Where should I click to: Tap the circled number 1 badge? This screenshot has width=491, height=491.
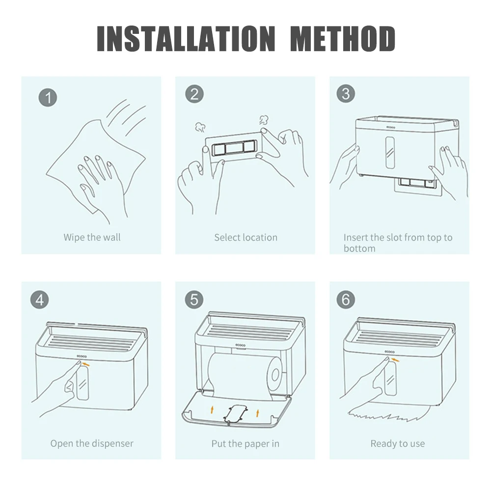[x=48, y=97]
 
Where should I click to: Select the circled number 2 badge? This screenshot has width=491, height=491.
[x=194, y=94]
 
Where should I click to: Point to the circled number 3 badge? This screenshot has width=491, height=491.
[x=346, y=94]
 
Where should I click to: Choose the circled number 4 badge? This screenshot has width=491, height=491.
[x=39, y=300]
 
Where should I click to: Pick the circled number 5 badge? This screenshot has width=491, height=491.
[x=194, y=300]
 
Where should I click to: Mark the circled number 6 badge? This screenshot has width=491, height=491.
[x=346, y=300]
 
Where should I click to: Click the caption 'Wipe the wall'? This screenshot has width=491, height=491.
[x=92, y=237]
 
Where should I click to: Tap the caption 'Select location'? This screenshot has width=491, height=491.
[x=246, y=237]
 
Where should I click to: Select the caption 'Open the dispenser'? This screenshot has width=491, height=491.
[x=92, y=443]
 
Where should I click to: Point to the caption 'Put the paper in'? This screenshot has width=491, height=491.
[x=245, y=444]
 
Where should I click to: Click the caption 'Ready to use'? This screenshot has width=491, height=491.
[x=398, y=443]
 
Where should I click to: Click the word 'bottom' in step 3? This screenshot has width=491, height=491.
[x=359, y=248]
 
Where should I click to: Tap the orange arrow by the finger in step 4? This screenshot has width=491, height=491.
[x=86, y=364]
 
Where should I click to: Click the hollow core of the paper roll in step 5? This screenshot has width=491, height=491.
[x=275, y=375]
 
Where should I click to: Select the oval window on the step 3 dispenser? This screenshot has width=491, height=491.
[x=390, y=153]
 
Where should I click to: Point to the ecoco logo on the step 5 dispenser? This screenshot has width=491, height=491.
[x=241, y=345]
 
